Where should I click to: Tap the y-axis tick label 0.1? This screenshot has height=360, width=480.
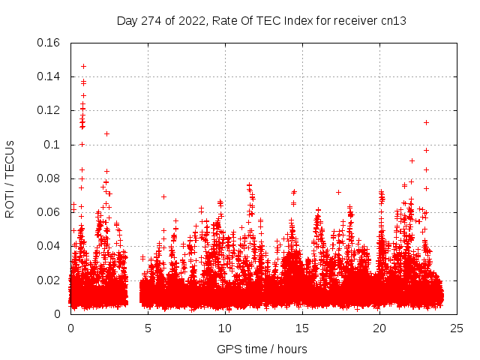click(x=52, y=145)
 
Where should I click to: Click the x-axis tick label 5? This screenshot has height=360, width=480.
click(x=148, y=328)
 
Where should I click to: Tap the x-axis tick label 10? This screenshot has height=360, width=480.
click(x=225, y=328)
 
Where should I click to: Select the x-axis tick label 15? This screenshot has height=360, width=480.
click(x=302, y=328)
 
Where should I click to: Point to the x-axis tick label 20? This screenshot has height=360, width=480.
click(x=379, y=328)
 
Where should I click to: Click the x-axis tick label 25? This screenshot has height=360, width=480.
click(x=457, y=328)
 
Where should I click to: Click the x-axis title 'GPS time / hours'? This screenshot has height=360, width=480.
click(x=262, y=349)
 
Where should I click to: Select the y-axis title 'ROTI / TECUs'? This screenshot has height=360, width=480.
click(x=10, y=178)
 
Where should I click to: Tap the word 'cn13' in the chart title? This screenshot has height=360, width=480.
click(x=394, y=21)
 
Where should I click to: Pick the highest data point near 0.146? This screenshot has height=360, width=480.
click(x=83, y=66)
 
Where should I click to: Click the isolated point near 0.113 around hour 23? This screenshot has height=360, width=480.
click(x=426, y=122)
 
